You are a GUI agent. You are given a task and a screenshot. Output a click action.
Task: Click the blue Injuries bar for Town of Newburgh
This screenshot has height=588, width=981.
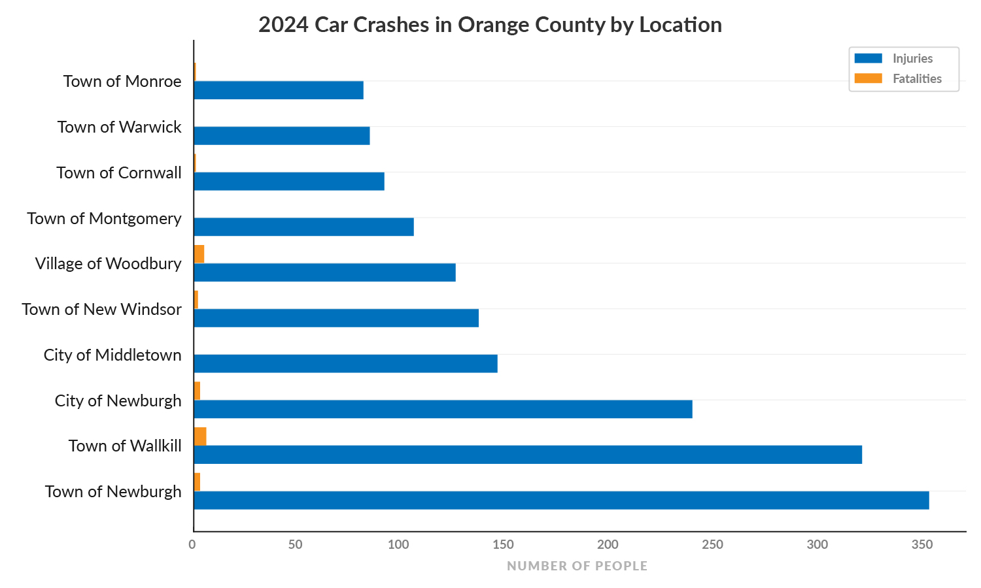click(561, 500)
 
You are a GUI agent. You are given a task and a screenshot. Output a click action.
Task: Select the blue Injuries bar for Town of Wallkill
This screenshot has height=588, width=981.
click(528, 455)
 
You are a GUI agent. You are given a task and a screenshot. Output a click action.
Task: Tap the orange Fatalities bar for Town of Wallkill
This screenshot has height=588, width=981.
click(200, 436)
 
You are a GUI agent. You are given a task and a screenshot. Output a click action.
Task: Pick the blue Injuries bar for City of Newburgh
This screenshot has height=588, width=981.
click(443, 409)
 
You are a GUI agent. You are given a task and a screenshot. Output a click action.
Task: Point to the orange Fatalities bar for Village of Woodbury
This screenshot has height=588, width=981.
click(199, 254)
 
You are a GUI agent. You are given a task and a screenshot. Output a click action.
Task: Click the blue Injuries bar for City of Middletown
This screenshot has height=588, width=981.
click(345, 364)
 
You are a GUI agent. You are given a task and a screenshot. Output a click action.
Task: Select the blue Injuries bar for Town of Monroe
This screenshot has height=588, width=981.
click(279, 90)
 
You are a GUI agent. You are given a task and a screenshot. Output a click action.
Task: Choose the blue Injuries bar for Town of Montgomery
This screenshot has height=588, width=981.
click(303, 227)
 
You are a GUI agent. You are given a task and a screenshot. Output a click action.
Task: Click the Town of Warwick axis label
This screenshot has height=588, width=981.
click(119, 127)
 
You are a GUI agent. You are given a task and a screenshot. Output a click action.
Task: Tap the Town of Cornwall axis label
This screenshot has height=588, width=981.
click(119, 173)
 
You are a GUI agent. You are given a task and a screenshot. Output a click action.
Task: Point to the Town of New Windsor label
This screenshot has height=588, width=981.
click(101, 310)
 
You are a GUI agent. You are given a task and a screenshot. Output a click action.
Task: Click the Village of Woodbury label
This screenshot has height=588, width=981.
click(108, 264)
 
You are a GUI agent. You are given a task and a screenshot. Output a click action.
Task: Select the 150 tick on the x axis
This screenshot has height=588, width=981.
click(503, 545)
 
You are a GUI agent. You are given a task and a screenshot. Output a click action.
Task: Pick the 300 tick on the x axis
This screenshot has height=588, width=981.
click(817, 545)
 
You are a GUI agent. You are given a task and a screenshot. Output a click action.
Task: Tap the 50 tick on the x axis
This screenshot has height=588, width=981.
click(296, 545)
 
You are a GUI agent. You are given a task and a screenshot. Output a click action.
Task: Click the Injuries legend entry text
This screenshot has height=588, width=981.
click(912, 59)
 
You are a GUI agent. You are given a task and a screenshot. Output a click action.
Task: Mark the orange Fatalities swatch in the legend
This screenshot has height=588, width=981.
click(868, 78)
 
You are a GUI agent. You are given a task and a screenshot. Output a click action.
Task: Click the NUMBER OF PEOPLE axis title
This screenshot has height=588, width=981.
click(577, 566)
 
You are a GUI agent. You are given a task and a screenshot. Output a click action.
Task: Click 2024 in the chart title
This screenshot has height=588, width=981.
click(283, 25)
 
